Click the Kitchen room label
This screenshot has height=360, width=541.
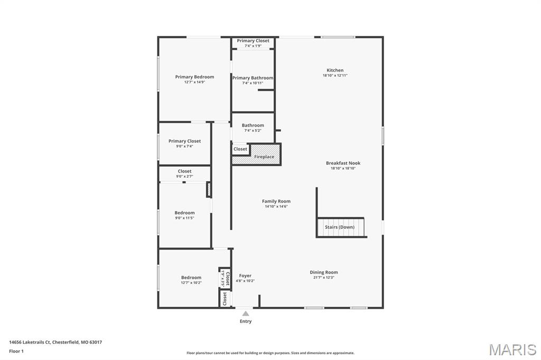(x=335, y=70)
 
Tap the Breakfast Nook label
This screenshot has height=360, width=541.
(x=343, y=163)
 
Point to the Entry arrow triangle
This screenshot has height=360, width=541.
(x=246, y=314)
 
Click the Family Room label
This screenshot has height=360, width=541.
(x=276, y=201)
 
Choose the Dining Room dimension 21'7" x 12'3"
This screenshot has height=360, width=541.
(x=324, y=278)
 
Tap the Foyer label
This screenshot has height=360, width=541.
(x=245, y=276)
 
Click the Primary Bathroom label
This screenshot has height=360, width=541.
(x=253, y=78)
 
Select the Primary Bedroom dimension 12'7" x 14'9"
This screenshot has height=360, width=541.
(x=194, y=82)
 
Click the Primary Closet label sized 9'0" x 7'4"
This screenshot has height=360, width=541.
(x=184, y=141)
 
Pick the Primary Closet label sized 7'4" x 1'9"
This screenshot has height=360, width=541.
(x=253, y=41)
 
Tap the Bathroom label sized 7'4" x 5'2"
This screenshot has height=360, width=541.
(x=253, y=126)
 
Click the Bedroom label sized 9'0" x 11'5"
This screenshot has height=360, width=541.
(x=185, y=213)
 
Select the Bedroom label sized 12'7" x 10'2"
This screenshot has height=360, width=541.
(x=191, y=278)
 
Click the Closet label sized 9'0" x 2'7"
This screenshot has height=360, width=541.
(x=185, y=172)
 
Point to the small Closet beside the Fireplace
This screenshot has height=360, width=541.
(x=240, y=149)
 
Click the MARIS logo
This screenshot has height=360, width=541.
(x=512, y=349)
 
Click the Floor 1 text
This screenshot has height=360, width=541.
(x=16, y=351)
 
